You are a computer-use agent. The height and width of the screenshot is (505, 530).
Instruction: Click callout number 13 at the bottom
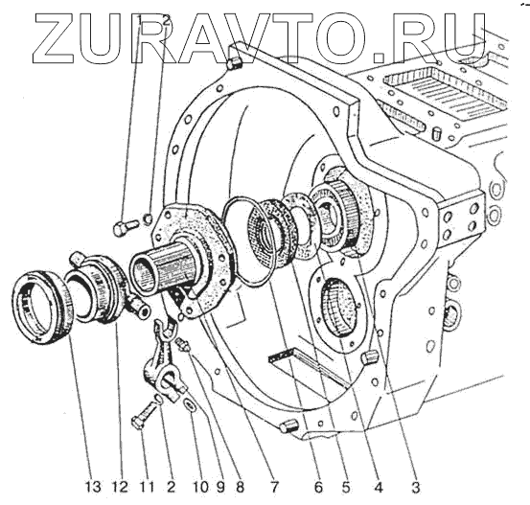pyautogui.click(x=93, y=487)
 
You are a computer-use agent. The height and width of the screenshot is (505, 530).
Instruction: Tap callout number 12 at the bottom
pyautogui.click(x=121, y=487)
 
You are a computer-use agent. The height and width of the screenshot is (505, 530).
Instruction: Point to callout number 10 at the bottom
pyautogui.click(x=200, y=487)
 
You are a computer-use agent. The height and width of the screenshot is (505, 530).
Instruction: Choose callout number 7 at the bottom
pyautogui.click(x=274, y=487)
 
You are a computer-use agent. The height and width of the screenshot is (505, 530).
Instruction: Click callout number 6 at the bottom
pyautogui.click(x=318, y=487)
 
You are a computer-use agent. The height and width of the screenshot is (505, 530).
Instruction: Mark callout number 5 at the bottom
pyautogui.click(x=345, y=487)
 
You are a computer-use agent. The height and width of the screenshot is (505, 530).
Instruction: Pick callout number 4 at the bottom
pyautogui.click(x=379, y=487)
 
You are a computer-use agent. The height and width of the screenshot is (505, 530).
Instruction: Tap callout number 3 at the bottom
pyautogui.click(x=415, y=487)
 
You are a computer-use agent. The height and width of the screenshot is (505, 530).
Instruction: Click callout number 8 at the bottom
pyautogui.click(x=240, y=487)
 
